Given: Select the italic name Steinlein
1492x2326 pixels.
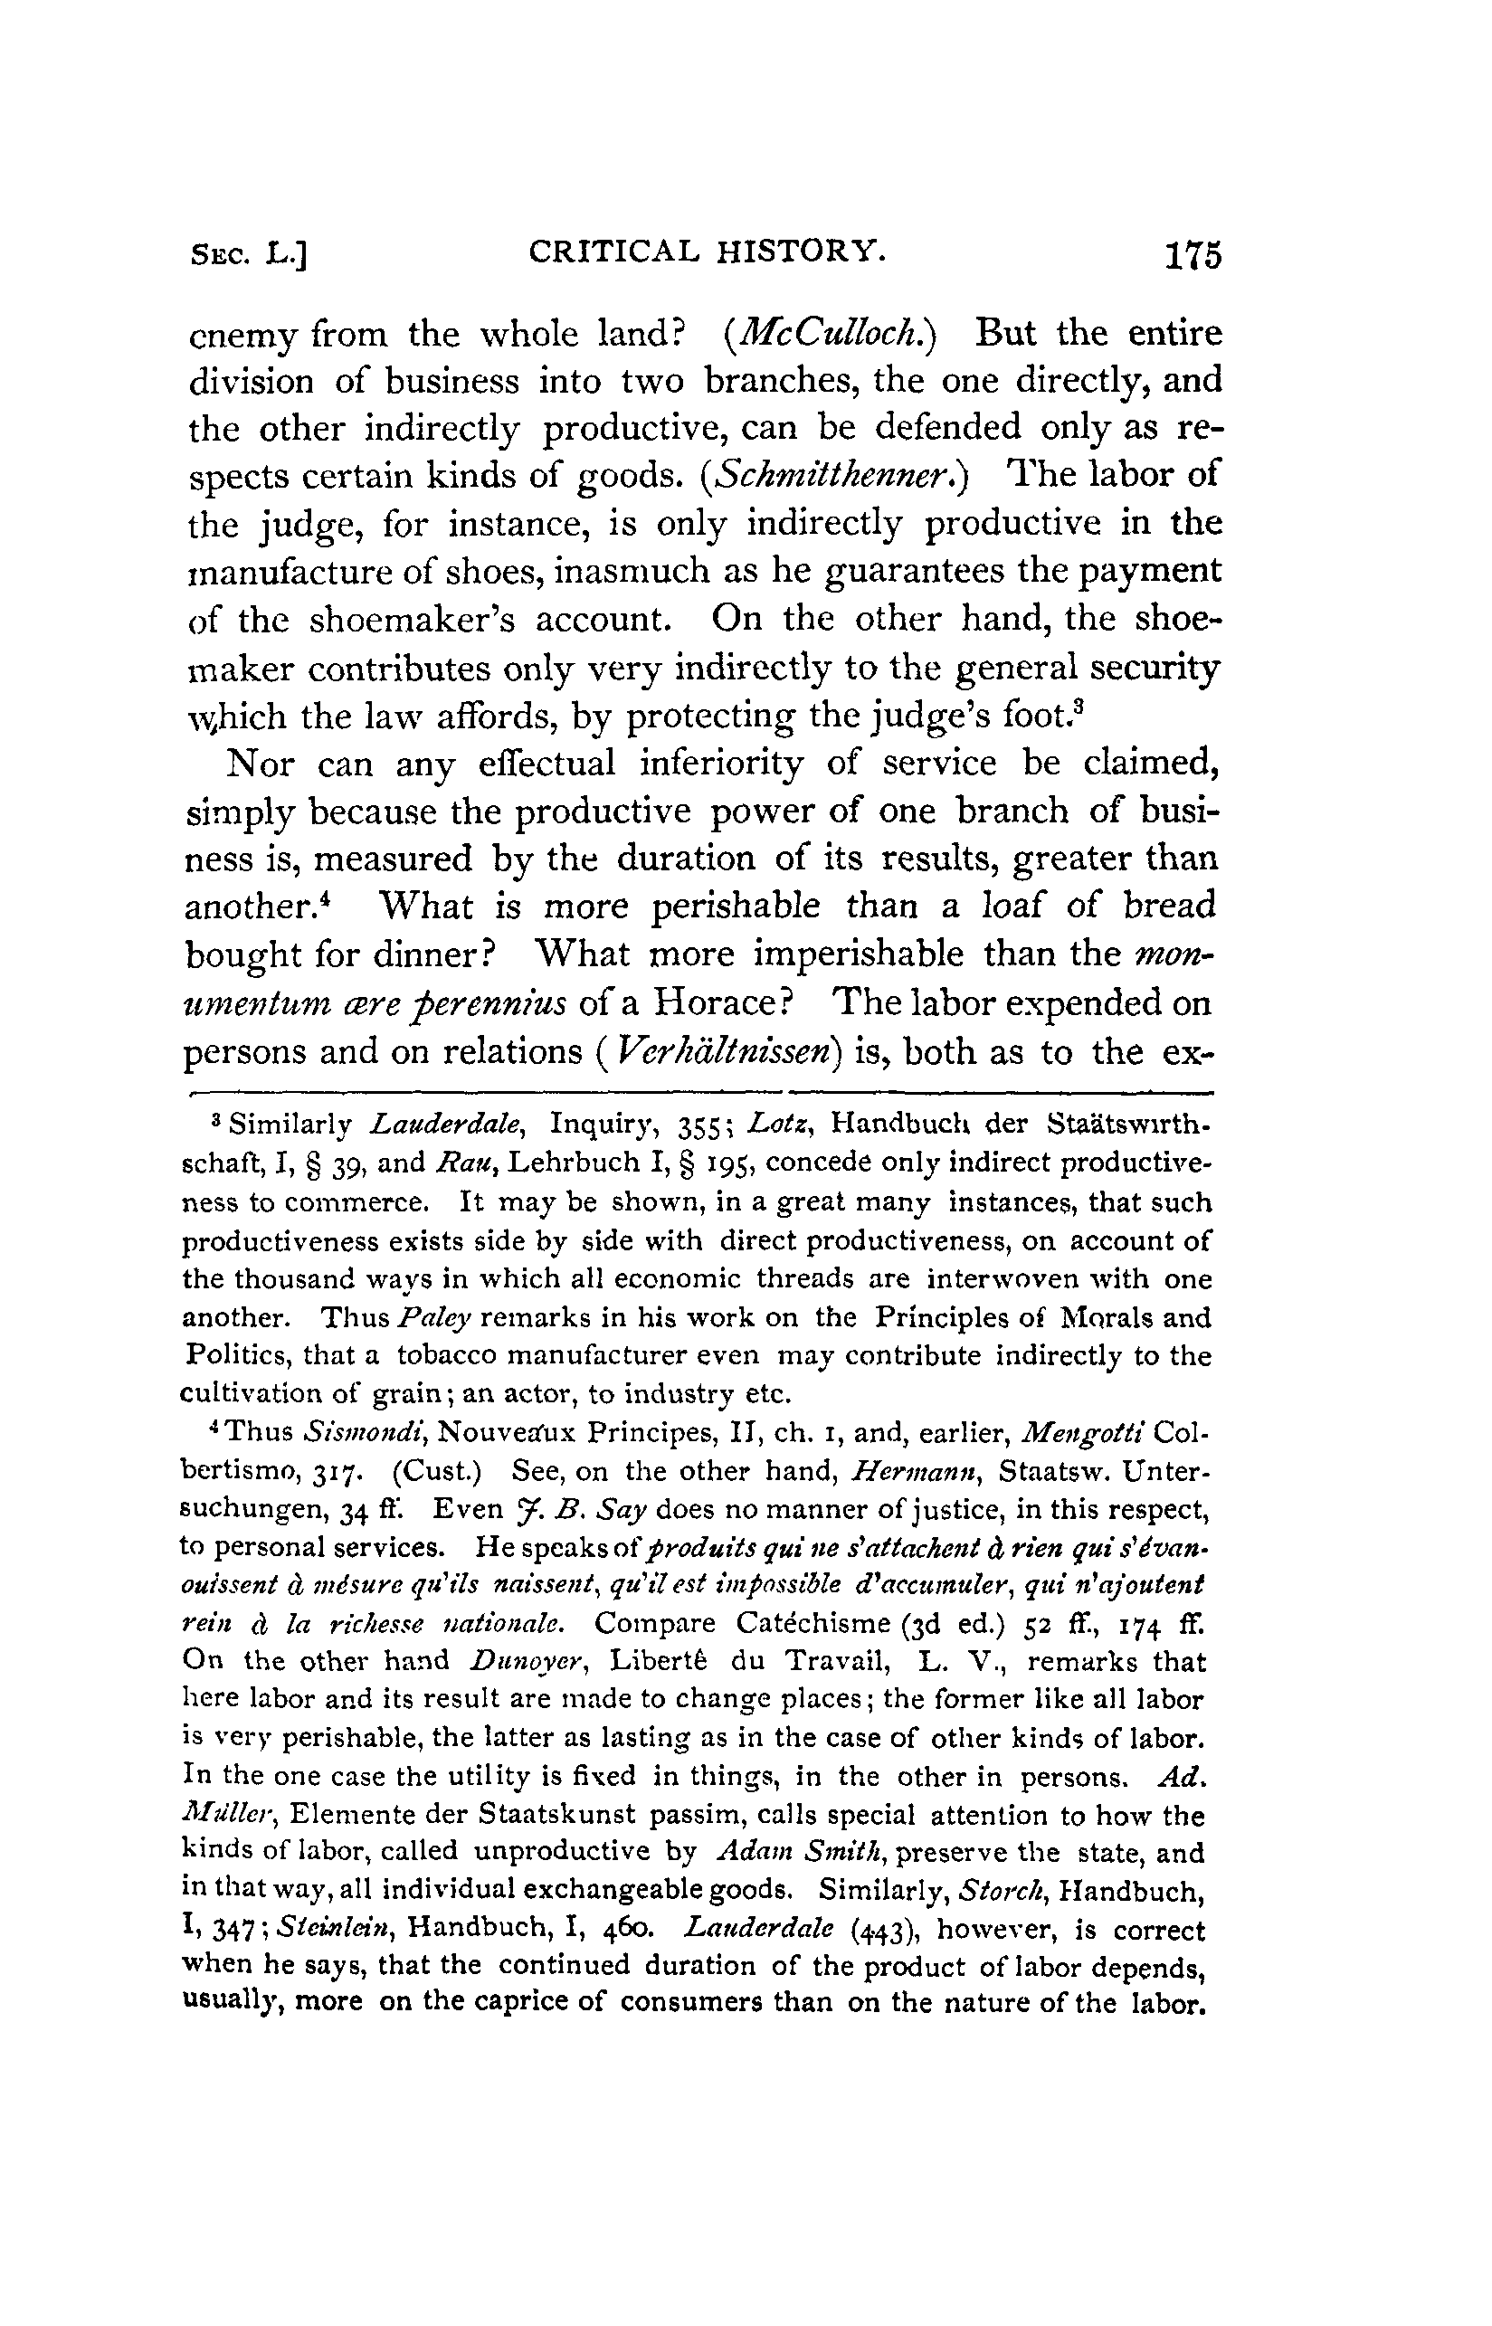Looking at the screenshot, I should coord(337,1930).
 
